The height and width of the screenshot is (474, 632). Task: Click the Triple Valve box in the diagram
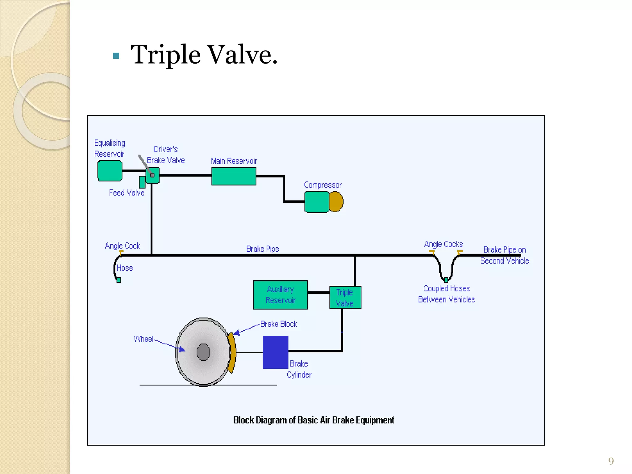[x=345, y=297]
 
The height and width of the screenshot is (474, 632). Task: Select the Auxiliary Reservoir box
[x=280, y=295]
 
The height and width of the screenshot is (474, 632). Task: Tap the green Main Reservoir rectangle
[x=234, y=176]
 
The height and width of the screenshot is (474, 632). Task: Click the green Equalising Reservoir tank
[x=110, y=171]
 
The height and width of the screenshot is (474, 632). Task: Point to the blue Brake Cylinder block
[x=275, y=352]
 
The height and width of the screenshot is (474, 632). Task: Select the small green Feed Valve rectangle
[x=142, y=182]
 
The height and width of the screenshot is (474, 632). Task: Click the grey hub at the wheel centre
[x=203, y=352]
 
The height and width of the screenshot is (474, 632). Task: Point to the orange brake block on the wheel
[x=232, y=352]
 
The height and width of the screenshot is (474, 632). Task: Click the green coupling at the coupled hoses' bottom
[x=446, y=280]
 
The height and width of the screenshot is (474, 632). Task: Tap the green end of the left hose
[x=119, y=280]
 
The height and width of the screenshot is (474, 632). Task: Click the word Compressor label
[x=322, y=185]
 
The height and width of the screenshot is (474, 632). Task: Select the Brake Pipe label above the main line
[x=262, y=249]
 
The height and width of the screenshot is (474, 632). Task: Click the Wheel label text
[x=143, y=339]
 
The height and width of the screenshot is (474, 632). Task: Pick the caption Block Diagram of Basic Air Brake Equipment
[x=314, y=420]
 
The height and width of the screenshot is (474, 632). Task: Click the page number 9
[x=611, y=461]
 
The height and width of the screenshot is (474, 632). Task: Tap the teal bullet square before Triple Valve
[x=116, y=56]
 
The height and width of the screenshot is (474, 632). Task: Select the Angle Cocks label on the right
[x=443, y=244]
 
